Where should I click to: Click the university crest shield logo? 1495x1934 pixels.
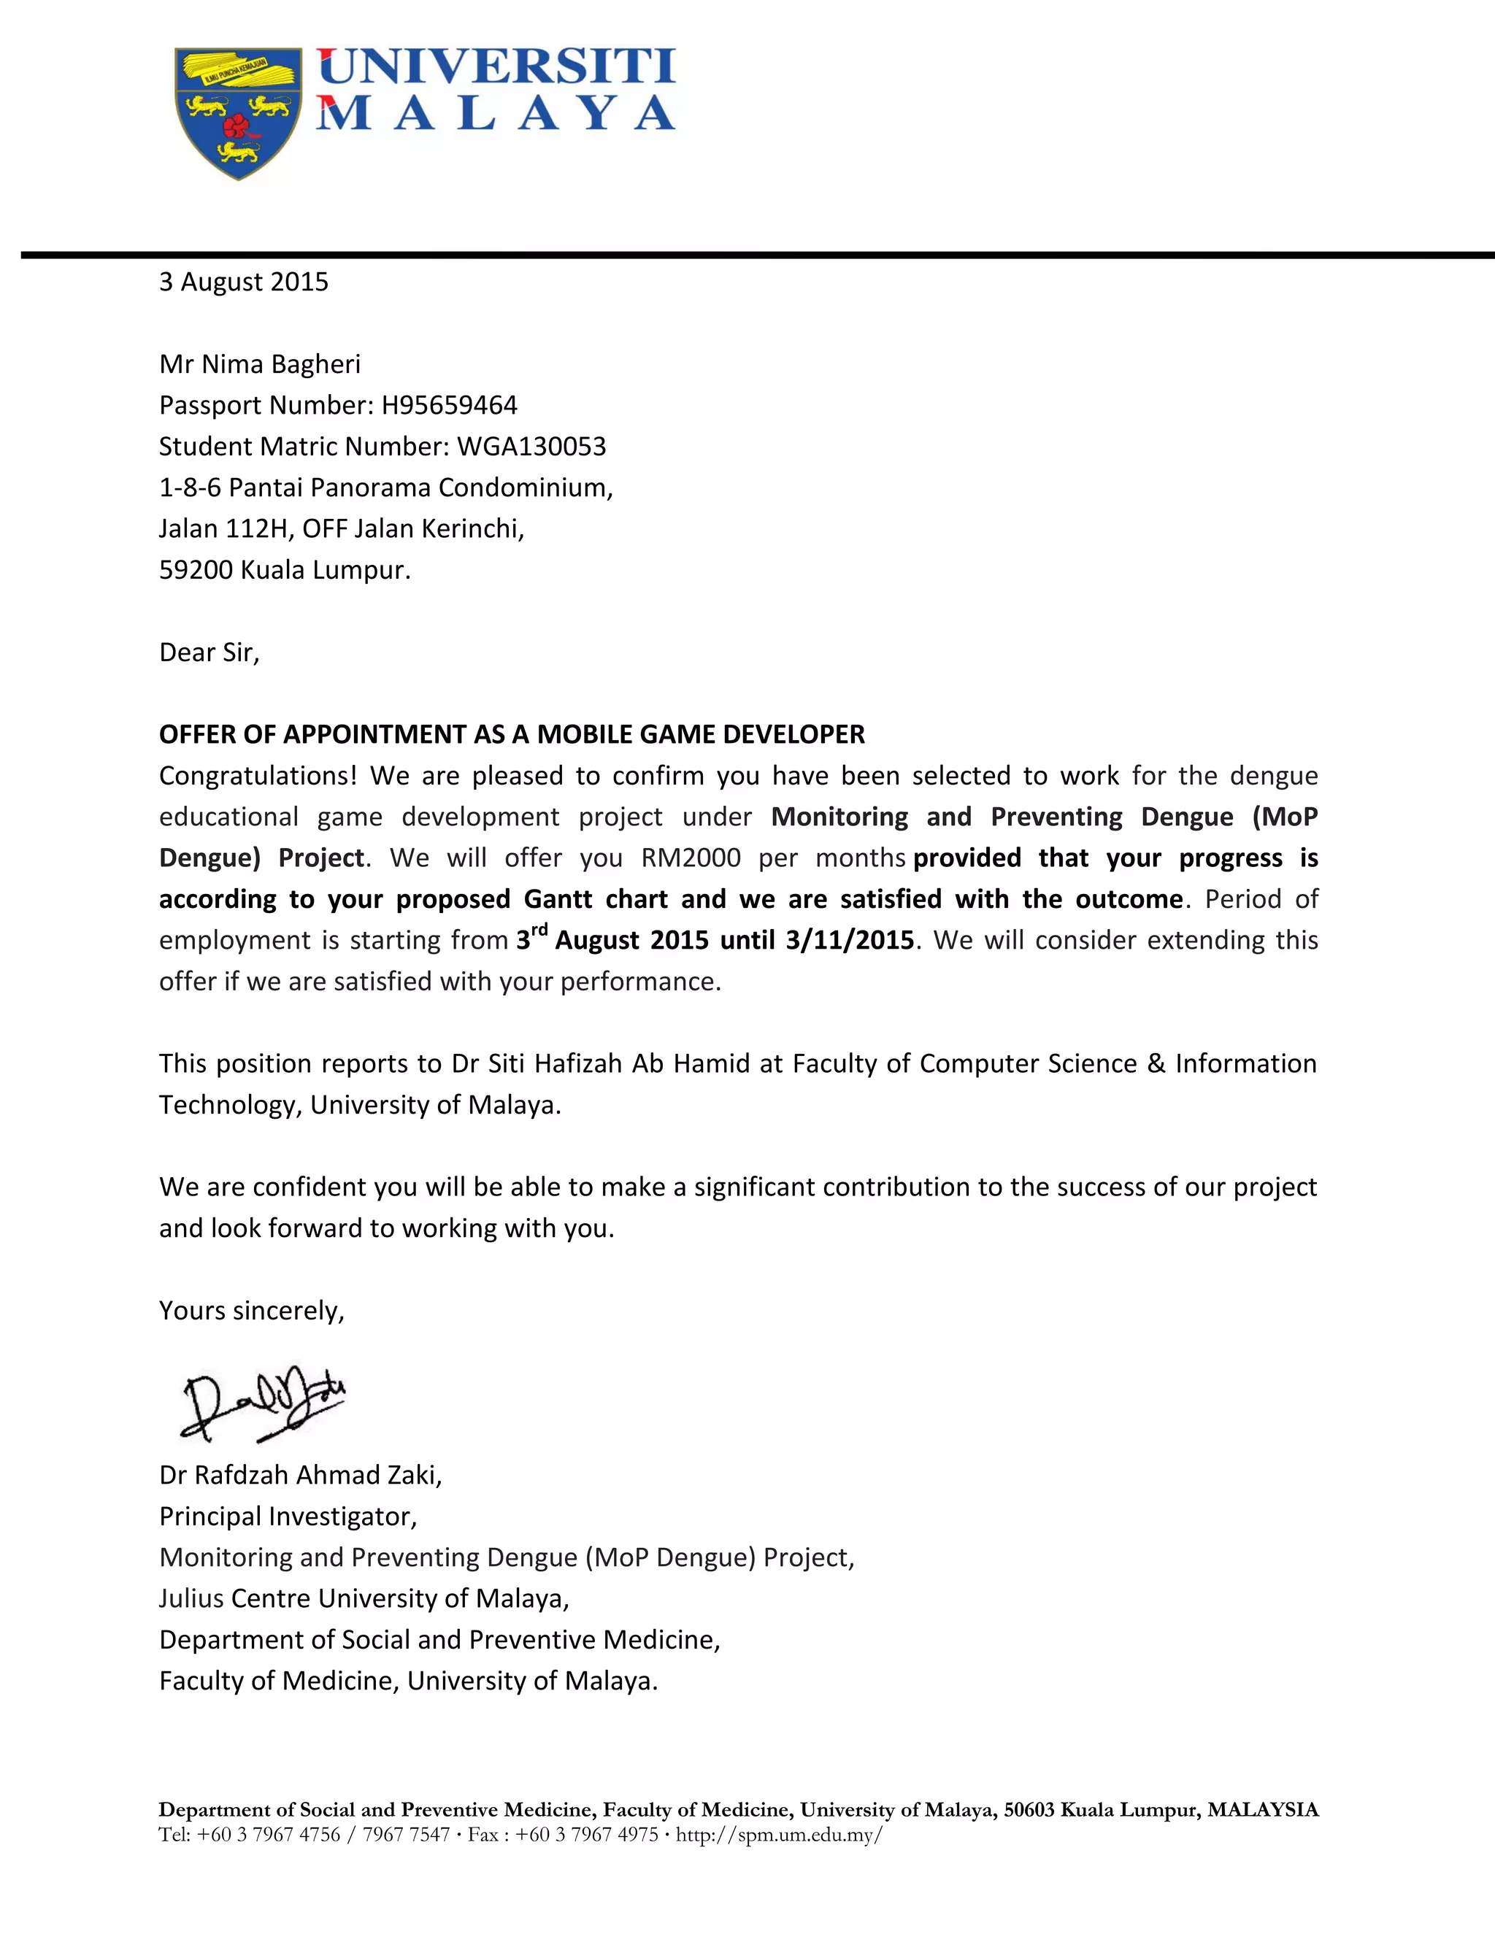click(x=237, y=113)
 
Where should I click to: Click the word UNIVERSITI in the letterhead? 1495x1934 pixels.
click(x=496, y=67)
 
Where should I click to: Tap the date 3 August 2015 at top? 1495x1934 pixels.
click(x=244, y=282)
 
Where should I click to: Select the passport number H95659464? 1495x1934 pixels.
click(x=449, y=406)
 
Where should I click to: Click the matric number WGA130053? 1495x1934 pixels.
click(x=531, y=447)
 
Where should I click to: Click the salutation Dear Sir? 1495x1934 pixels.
click(x=209, y=652)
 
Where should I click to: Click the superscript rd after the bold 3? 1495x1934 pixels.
click(x=539, y=930)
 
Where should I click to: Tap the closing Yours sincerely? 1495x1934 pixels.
click(x=252, y=1311)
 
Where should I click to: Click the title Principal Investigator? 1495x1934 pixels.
click(x=288, y=1516)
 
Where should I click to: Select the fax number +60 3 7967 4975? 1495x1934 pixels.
click(x=586, y=1834)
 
